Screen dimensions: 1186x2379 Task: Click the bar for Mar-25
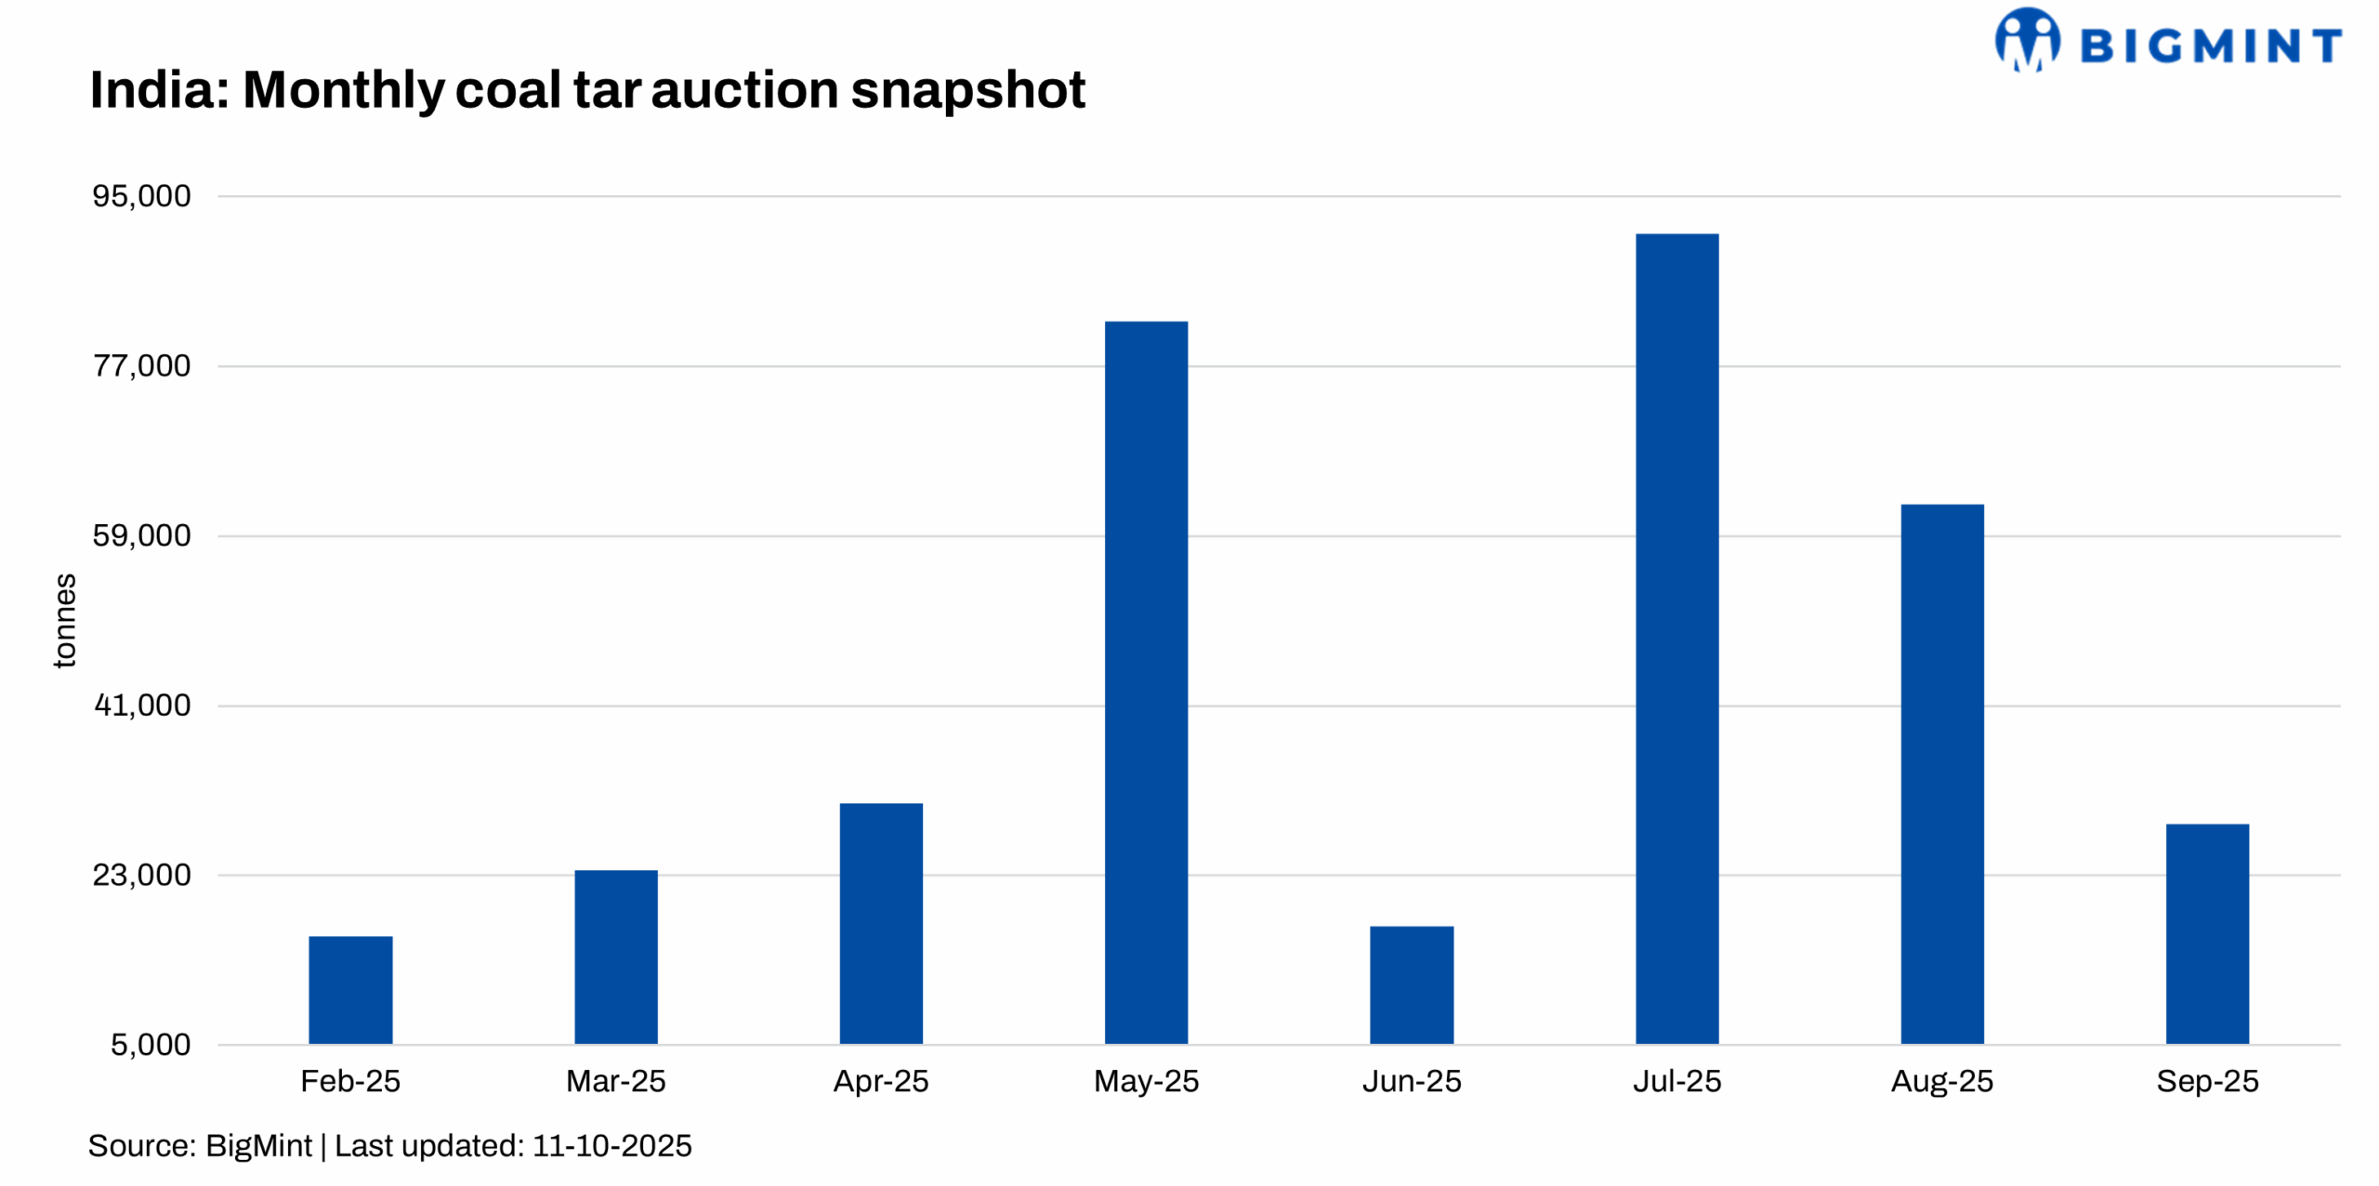615,956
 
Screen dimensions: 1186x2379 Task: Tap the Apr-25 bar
880,923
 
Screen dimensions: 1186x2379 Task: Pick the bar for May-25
1145,682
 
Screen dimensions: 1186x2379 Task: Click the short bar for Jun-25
1411,984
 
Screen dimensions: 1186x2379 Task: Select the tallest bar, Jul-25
1676,639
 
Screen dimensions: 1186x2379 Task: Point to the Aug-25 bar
1941,773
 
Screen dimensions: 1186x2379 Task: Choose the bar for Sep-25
2206,933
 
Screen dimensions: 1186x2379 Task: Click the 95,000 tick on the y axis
141,196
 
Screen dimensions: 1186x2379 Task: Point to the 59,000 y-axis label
141,535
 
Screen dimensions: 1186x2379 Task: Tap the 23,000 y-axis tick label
141,875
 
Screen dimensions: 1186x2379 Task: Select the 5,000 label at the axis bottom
151,1045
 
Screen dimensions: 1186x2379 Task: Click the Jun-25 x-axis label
1411,1081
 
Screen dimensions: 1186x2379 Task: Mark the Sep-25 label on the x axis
2206,1081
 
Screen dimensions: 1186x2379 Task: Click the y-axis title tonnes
64,620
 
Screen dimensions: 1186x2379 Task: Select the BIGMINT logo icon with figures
2026,40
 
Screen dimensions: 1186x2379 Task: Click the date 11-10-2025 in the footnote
611,1146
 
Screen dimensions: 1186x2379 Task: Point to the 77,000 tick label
141,366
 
